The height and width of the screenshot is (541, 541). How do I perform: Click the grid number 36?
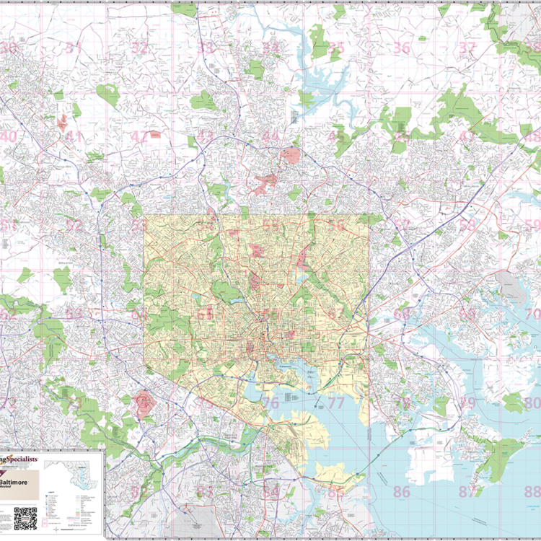tap(402, 48)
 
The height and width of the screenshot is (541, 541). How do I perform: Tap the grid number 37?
tap(468, 48)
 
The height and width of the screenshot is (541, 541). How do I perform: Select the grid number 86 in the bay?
tap(402, 493)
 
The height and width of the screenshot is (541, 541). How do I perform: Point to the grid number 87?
tap(468, 493)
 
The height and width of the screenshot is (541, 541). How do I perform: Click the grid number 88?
tap(532, 493)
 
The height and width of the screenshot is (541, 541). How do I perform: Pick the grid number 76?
tap(270, 403)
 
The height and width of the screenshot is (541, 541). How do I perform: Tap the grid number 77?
tap(336, 403)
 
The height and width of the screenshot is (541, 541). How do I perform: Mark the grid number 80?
tap(532, 403)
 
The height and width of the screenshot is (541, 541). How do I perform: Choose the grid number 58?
tap(468, 225)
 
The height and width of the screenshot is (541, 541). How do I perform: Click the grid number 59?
tap(532, 225)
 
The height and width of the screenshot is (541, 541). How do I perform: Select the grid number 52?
tap(74, 225)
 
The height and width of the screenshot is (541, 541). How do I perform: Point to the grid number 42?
tap(139, 136)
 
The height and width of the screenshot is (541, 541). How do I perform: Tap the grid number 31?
tap(74, 48)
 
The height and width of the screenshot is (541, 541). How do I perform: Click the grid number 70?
tap(532, 315)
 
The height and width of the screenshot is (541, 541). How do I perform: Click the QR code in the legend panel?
tap(25, 518)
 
